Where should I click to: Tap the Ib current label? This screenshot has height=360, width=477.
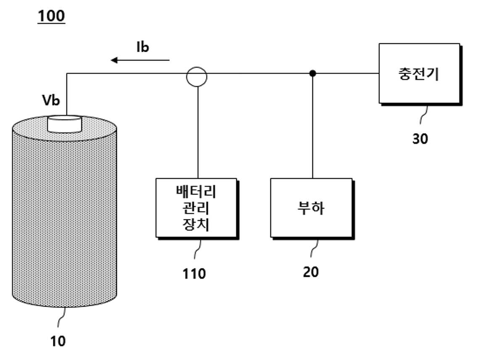click(x=142, y=47)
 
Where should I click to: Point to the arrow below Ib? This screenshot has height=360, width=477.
click(x=140, y=60)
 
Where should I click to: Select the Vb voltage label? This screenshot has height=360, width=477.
click(x=51, y=100)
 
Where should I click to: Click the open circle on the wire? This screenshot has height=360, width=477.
click(x=197, y=68)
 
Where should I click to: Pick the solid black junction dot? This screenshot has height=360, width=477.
click(x=312, y=73)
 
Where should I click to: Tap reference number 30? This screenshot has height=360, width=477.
click(x=420, y=139)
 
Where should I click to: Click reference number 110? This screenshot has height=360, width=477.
click(x=194, y=274)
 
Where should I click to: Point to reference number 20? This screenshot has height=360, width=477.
click(x=311, y=272)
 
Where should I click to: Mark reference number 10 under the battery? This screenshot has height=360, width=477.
click(x=58, y=341)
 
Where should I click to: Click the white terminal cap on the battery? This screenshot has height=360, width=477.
click(x=64, y=124)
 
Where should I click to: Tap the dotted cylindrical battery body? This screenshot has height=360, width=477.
click(x=64, y=213)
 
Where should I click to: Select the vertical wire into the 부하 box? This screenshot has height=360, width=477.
click(x=312, y=126)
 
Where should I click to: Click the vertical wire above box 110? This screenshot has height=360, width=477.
click(x=198, y=132)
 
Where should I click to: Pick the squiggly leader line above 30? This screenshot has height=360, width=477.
click(x=424, y=114)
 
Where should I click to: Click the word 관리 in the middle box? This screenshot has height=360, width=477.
click(x=195, y=208)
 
